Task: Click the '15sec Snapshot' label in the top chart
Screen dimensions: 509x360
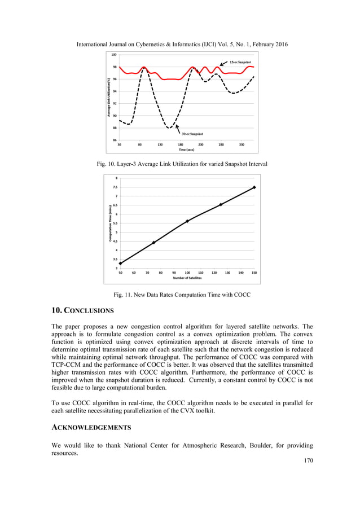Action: point(241,62)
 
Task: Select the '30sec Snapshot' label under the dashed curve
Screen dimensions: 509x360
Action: point(192,134)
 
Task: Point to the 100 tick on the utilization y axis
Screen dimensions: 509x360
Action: point(114,55)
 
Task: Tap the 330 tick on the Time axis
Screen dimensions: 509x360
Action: point(242,145)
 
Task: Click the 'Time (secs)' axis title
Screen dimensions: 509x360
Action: point(186,150)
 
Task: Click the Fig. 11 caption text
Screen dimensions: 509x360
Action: point(182,295)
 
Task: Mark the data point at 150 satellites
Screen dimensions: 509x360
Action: point(254,187)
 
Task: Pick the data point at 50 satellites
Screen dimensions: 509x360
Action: point(120,263)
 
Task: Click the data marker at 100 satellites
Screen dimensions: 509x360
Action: point(187,221)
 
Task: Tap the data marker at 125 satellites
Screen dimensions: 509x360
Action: point(221,204)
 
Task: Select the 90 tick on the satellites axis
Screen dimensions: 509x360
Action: point(174,273)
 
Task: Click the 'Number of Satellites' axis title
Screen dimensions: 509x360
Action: point(187,278)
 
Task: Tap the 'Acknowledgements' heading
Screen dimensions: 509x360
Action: point(94,429)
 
